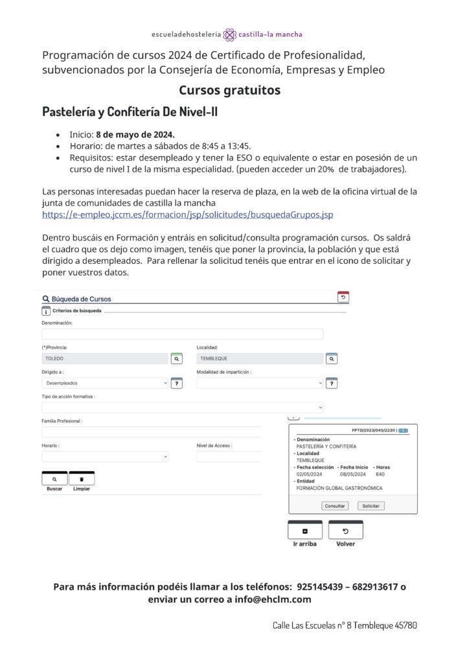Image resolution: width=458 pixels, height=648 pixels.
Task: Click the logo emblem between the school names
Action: pyautogui.click(x=229, y=34)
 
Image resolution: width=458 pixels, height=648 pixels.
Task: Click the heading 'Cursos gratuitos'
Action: pyautogui.click(x=229, y=90)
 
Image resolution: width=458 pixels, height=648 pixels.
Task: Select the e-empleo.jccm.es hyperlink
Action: pyautogui.click(x=188, y=214)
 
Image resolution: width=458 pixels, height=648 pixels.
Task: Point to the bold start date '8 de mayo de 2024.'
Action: pyautogui.click(x=135, y=134)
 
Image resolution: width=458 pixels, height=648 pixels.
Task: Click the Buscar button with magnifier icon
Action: pyautogui.click(x=54, y=478)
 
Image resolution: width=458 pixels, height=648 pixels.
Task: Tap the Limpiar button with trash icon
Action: pyautogui.click(x=82, y=478)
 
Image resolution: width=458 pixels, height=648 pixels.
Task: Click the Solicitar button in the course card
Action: pyautogui.click(x=371, y=505)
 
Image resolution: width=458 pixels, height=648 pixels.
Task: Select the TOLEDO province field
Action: pyautogui.click(x=104, y=358)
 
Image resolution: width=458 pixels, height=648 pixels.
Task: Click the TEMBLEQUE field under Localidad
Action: pyautogui.click(x=259, y=358)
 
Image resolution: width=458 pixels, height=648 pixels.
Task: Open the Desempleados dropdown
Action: pyautogui.click(x=104, y=383)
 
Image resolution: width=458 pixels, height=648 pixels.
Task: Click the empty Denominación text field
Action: pyautogui.click(x=182, y=334)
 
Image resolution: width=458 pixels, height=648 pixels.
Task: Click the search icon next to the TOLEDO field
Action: pyautogui.click(x=176, y=358)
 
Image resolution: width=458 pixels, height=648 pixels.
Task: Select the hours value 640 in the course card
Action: pyautogui.click(x=380, y=474)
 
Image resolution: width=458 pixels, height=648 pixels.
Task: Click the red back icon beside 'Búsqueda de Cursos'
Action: pyautogui.click(x=343, y=297)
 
